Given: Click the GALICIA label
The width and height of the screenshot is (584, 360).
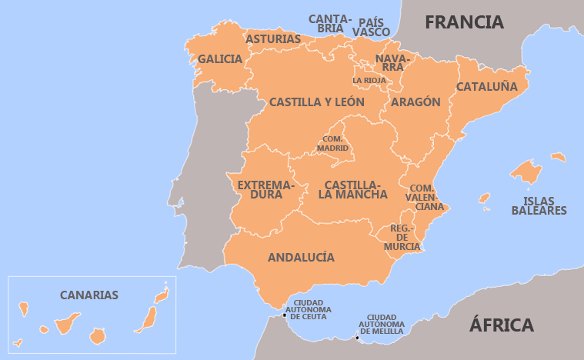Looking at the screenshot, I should [x=220, y=59].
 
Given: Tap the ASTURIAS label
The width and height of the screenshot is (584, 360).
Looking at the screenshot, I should [x=273, y=38].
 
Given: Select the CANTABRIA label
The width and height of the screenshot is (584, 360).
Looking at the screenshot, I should [x=330, y=23].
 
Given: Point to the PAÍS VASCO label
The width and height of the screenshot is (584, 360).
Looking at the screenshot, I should [x=371, y=26].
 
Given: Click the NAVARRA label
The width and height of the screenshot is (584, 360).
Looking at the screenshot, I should [x=394, y=62].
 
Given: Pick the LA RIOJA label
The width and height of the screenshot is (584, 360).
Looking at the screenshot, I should [x=369, y=80].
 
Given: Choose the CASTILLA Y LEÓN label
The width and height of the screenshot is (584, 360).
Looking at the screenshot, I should [x=316, y=102].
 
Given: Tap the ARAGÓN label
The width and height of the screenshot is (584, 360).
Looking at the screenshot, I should [x=415, y=102].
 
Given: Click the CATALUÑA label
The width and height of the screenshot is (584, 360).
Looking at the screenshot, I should [x=486, y=87].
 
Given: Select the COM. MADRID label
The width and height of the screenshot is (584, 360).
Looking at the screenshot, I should [x=333, y=144].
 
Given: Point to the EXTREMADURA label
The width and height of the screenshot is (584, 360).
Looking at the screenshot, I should [x=265, y=190].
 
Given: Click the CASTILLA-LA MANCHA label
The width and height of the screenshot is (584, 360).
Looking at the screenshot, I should [x=353, y=190].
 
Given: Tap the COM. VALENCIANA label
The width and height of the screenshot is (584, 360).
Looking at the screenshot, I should [x=425, y=197].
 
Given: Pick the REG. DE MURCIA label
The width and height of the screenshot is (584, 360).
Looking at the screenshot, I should [x=402, y=237].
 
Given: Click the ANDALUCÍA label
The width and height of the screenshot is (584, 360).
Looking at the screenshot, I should [x=301, y=258].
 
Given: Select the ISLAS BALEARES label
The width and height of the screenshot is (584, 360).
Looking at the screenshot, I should [x=539, y=205].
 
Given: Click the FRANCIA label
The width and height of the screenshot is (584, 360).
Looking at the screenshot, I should [x=464, y=22].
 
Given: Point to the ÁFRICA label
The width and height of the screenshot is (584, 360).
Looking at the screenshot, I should [x=502, y=325].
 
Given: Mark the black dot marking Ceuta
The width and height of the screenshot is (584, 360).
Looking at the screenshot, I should [x=285, y=315].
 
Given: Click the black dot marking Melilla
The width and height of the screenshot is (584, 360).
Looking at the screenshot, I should [x=357, y=337].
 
